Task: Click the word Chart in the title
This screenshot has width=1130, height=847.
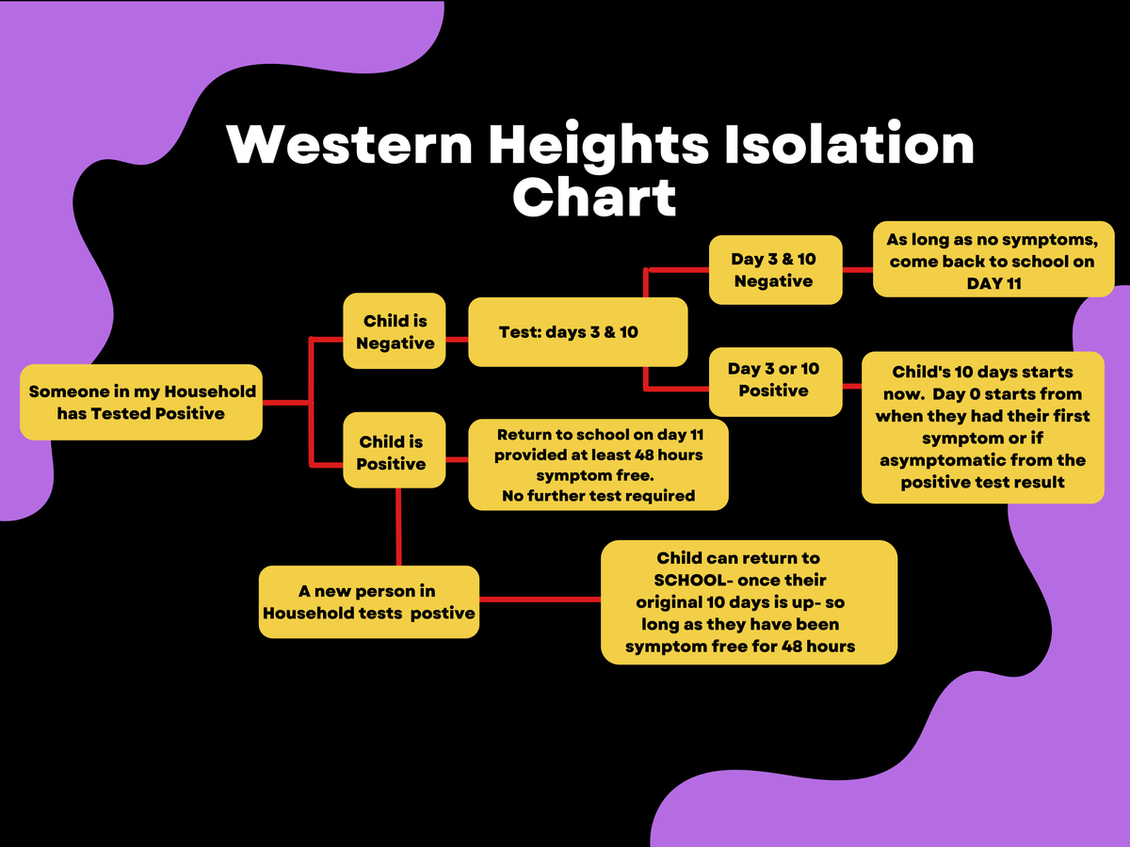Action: coord(594,198)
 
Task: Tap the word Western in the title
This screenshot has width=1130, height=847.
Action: coord(349,145)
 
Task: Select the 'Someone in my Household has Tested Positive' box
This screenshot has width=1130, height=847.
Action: coord(141,402)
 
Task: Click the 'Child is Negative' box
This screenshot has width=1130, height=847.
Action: coord(395,330)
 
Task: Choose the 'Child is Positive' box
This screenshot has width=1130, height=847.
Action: coord(395,450)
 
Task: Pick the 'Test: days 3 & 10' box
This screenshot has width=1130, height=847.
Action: coord(577,331)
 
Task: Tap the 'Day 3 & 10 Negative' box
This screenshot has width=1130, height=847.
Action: coord(775,270)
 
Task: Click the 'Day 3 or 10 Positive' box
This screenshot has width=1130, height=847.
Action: coord(775,382)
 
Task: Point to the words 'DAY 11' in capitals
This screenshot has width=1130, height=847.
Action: coord(993,283)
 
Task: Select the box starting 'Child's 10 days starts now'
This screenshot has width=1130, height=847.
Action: coord(983,427)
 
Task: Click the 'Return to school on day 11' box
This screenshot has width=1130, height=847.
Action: coord(598,465)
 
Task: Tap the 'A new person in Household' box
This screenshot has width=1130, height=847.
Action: coord(369,601)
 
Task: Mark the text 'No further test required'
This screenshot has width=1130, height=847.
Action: coord(598,496)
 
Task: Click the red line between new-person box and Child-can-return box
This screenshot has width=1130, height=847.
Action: coord(540,599)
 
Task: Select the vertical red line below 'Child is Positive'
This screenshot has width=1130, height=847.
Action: coord(398,527)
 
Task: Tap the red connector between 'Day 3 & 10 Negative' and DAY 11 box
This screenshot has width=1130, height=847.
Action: coord(858,269)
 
